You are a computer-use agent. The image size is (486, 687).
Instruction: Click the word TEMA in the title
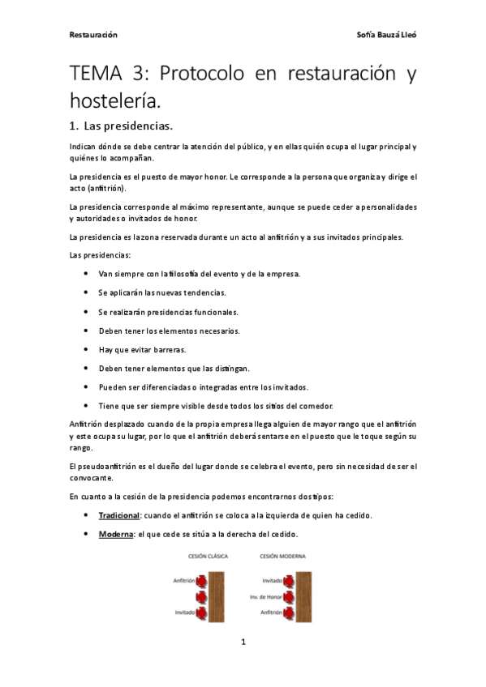pyautogui.click(x=93, y=75)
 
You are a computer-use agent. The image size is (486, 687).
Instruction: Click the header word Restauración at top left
pyautogui.click(x=93, y=35)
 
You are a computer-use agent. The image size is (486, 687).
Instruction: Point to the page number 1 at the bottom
pyautogui.click(x=243, y=642)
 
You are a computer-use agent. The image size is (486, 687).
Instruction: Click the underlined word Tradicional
pyautogui.click(x=119, y=515)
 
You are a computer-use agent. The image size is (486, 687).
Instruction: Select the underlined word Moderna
pyautogui.click(x=116, y=534)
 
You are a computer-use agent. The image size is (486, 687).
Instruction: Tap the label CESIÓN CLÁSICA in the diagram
pyautogui.click(x=209, y=557)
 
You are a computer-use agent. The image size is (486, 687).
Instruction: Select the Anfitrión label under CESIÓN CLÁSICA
pyautogui.click(x=183, y=581)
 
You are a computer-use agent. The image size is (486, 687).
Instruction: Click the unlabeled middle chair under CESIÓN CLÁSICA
pyautogui.click(x=203, y=597)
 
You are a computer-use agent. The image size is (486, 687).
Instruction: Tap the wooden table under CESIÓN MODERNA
pyautogui.click(x=303, y=596)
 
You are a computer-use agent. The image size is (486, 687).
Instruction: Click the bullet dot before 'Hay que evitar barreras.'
pyautogui.click(x=87, y=349)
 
